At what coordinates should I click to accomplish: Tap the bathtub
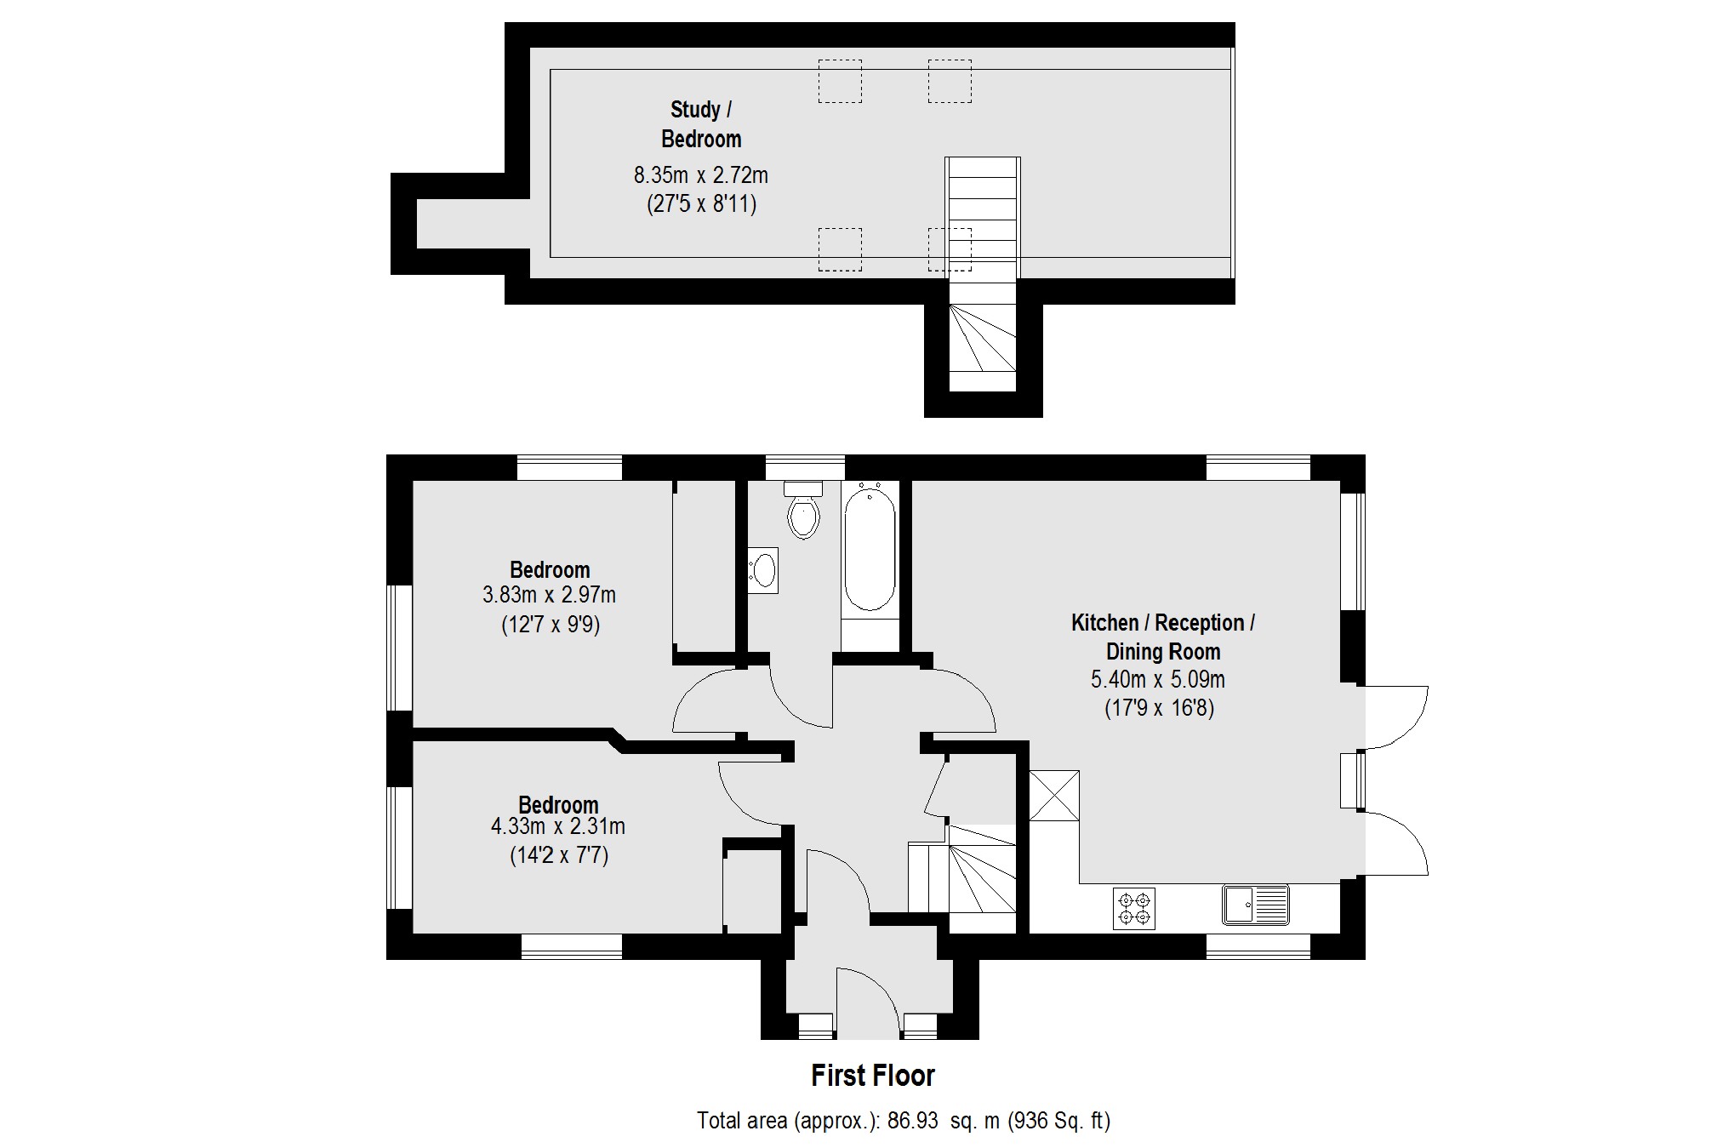click(870, 553)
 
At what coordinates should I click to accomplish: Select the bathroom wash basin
click(764, 570)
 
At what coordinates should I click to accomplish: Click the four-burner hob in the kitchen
click(1134, 908)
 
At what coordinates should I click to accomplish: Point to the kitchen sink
click(1255, 905)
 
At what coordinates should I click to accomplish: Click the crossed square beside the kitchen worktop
click(1054, 796)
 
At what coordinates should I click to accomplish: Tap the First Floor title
click(872, 1076)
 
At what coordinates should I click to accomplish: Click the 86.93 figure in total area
click(912, 1121)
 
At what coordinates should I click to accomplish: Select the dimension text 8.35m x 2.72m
click(700, 176)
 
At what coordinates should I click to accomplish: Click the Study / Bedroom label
click(701, 124)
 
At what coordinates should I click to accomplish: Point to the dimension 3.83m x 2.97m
click(549, 595)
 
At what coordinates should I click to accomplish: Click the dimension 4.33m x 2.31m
click(557, 826)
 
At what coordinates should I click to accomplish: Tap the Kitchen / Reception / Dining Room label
click(1162, 637)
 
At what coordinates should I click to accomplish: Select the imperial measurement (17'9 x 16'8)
click(1159, 708)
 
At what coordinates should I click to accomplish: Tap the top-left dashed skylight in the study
click(840, 82)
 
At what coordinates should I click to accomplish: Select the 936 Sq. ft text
click(1059, 1121)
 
